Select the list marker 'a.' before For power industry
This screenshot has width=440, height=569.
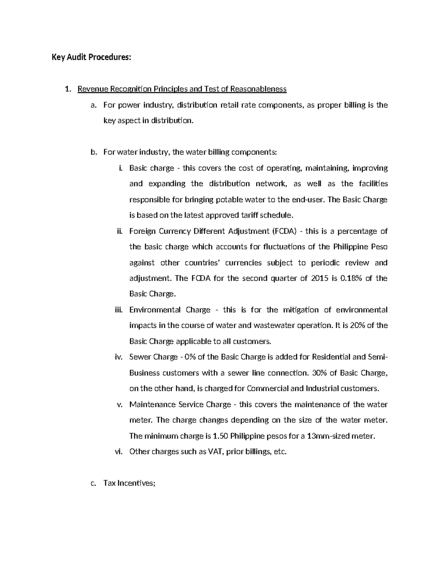coord(93,105)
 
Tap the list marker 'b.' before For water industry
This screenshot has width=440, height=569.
coord(93,152)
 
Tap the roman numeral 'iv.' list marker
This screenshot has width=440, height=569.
coord(118,357)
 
